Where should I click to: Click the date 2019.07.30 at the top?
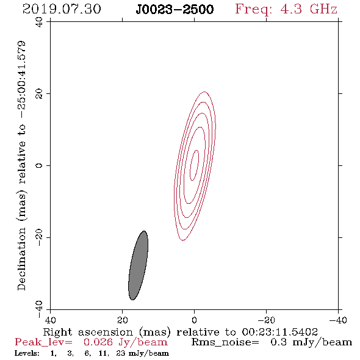pyautogui.click(x=62, y=9)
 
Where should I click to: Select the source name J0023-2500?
pyautogui.click(x=175, y=10)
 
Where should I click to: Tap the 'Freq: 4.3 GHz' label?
pyautogui.click(x=286, y=9)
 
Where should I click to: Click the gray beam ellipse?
pyautogui.click(x=138, y=265)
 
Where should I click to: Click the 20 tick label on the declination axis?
pyautogui.click(x=39, y=94)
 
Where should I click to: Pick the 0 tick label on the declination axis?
pyautogui.click(x=39, y=165)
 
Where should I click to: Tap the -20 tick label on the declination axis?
pyautogui.click(x=39, y=237)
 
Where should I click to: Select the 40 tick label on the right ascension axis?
pyautogui.click(x=50, y=320)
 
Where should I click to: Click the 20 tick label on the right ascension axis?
pyautogui.click(x=122, y=320)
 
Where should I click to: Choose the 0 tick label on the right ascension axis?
pyautogui.click(x=194, y=320)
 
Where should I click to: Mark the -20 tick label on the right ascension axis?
pyautogui.click(x=266, y=320)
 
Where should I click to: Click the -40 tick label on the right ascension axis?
pyautogui.click(x=338, y=320)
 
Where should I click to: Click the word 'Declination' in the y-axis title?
pyautogui.click(x=21, y=259)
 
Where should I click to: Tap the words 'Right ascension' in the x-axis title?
pyautogui.click(x=88, y=332)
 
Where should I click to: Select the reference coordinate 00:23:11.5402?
pyautogui.click(x=279, y=332)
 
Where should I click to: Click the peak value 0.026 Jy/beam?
pyautogui.click(x=125, y=342)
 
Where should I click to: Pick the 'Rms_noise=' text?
pyautogui.click(x=225, y=342)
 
